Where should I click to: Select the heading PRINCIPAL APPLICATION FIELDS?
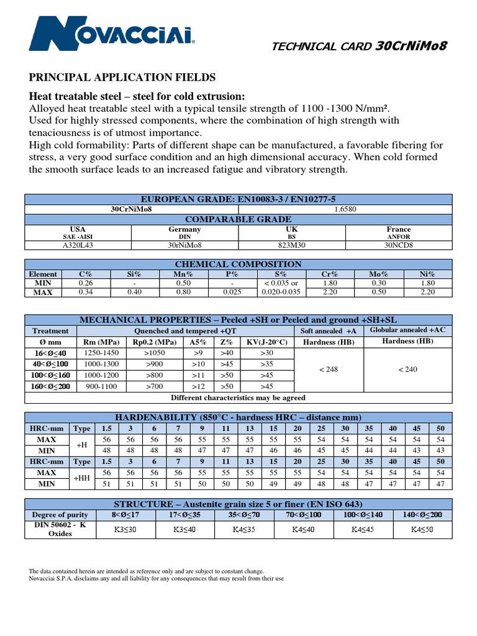pyautogui.click(x=122, y=77)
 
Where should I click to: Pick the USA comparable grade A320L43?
pyautogui.click(x=78, y=245)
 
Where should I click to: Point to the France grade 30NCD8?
pyautogui.click(x=398, y=245)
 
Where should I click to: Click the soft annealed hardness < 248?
pyautogui.click(x=328, y=369)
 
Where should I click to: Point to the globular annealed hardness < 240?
pyautogui.click(x=407, y=369)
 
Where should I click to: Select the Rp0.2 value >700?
pyautogui.click(x=157, y=386)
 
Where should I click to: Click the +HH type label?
pyautogui.click(x=81, y=478)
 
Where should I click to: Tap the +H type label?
pyautogui.click(x=81, y=445)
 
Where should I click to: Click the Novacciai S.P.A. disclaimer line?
pyautogui.click(x=157, y=578)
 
